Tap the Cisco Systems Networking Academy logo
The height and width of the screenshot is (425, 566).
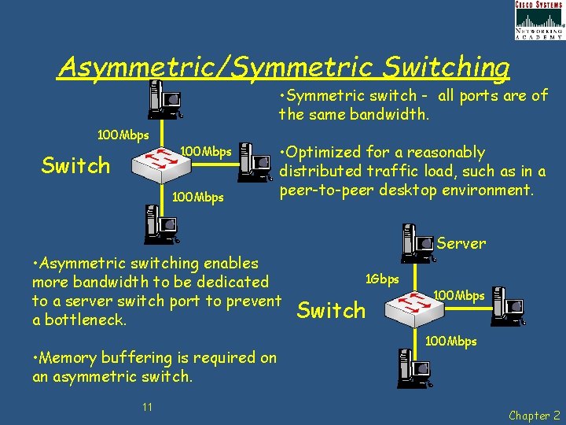coord(538,20)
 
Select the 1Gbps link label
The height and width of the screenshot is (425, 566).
coord(383,279)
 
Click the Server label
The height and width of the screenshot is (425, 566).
coord(461,244)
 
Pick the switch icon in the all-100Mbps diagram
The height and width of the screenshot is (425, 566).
coord(162,162)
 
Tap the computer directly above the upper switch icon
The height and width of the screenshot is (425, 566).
coord(167,101)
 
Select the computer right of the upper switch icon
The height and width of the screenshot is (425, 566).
coord(255,161)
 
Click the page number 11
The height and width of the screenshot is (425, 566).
coord(147,407)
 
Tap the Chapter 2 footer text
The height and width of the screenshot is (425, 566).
coord(535,415)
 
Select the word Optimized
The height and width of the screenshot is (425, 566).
coord(324,152)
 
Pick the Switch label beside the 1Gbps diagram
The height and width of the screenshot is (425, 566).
coord(332,310)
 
